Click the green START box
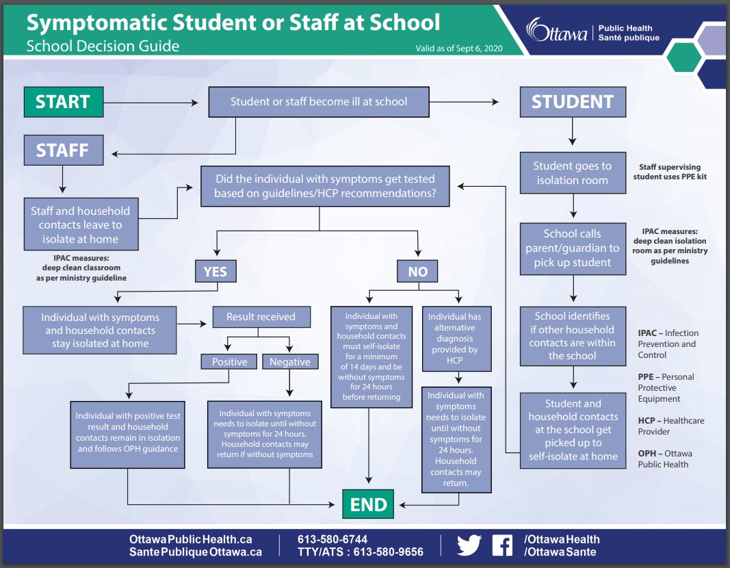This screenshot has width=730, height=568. (63, 102)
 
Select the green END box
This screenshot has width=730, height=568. (369, 505)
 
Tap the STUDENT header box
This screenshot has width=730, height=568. (572, 102)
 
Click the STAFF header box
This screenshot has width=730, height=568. (63, 150)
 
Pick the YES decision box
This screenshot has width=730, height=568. (215, 272)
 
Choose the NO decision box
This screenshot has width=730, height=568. (417, 272)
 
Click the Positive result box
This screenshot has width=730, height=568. (229, 361)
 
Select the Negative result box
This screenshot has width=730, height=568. (289, 361)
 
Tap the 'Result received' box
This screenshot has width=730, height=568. (261, 317)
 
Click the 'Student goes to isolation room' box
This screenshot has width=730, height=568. (573, 173)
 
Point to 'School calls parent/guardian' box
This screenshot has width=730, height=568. (573, 248)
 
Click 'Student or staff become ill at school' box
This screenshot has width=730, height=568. (319, 102)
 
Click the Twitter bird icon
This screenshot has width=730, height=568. (469, 545)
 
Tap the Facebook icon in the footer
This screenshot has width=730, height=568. (502, 545)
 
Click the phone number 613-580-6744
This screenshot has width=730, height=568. (333, 539)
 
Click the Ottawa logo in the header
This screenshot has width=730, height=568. (556, 31)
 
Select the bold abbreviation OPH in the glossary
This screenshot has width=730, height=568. (647, 454)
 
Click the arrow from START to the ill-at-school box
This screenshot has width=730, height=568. (154, 103)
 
